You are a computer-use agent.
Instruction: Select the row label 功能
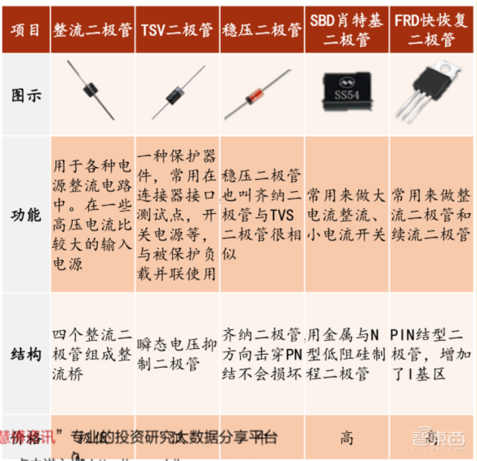click(26, 214)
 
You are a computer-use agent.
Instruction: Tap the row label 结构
click(26, 355)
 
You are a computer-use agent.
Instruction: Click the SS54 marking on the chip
click(346, 96)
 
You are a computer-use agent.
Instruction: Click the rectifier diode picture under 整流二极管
click(94, 93)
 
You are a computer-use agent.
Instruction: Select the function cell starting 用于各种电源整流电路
click(92, 213)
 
